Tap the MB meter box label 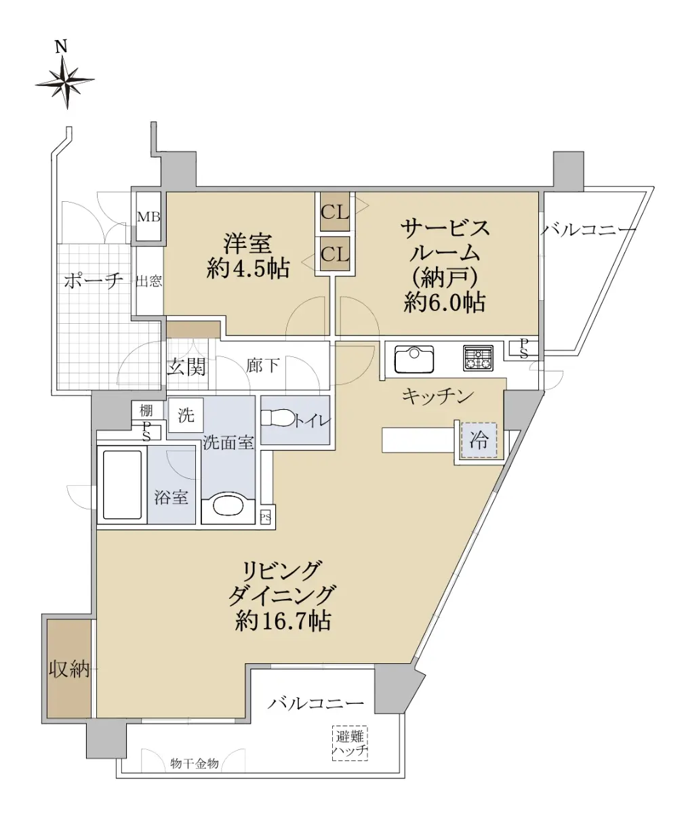148,217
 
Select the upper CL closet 335,213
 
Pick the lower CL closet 335,254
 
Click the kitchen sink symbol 414,358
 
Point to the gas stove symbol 478,358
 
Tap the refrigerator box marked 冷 479,440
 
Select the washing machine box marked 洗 186,415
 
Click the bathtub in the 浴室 122,485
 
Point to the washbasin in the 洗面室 228,507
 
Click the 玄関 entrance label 186,367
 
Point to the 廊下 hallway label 262,365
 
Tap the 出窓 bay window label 149,281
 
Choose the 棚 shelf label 146,411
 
